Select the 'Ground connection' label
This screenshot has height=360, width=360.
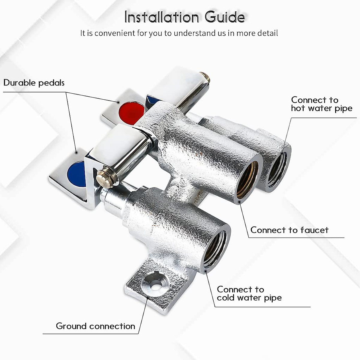[95, 326]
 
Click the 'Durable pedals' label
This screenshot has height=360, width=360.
[34, 83]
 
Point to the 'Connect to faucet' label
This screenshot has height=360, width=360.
[289, 230]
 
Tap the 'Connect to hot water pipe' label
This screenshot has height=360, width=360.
[321, 104]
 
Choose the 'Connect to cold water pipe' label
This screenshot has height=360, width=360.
[249, 294]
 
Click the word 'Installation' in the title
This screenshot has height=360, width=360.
[162, 17]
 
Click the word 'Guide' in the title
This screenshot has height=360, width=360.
[225, 17]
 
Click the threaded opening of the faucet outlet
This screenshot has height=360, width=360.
[247, 180]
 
